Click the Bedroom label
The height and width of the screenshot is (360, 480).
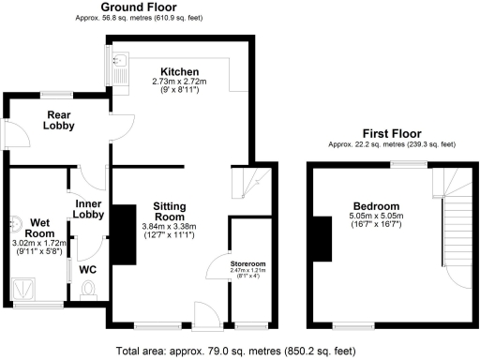point(376,206)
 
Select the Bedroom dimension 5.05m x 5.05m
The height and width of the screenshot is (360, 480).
point(376,218)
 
